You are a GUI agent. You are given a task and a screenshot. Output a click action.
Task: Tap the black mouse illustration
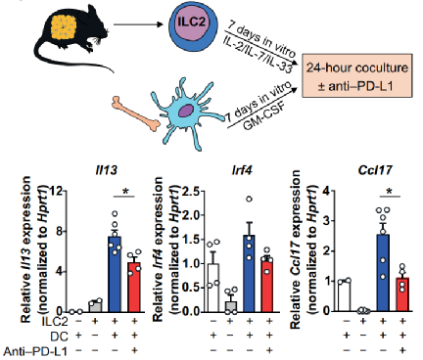coord(71,36)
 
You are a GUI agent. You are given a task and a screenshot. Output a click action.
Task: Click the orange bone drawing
coord(135,113)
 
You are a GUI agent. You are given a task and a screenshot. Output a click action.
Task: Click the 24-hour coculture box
coord(357,75)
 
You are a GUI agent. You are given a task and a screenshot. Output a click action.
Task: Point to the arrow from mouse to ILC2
coord(138,24)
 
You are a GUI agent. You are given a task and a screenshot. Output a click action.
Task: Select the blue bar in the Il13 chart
coord(115,274)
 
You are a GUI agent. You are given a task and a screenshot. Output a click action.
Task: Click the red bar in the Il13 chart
coord(134,287)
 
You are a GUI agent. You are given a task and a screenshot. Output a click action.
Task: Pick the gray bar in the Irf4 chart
coord(230,306)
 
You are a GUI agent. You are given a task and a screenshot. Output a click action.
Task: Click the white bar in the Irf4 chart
coord(213,288)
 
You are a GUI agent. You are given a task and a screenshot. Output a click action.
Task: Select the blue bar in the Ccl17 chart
coord(384,273)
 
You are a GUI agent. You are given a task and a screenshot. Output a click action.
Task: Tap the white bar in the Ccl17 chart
coord(345,296)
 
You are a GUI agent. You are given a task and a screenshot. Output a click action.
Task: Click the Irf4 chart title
coord(241,170)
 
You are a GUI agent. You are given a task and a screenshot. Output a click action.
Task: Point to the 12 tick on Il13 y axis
coord(56,191)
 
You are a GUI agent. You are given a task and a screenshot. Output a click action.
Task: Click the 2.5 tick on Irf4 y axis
coord(191,192)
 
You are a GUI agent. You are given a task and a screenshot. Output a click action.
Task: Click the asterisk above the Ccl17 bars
coord(390,192)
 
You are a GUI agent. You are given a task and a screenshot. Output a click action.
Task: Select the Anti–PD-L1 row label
coord(35,351)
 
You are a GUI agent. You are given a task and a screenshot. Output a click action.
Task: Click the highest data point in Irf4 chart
coord(250,199)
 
